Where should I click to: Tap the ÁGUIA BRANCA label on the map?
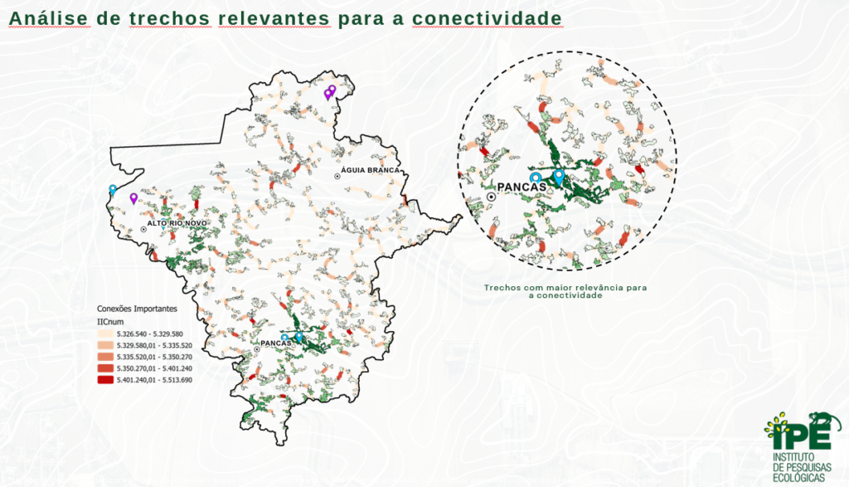pyautogui.click(x=371, y=170)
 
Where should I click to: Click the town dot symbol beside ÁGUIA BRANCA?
pyautogui.click(x=337, y=177)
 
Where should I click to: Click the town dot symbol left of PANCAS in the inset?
pyautogui.click(x=492, y=197)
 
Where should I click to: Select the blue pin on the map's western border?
pyautogui.click(x=113, y=189)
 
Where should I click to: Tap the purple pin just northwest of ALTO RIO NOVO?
pyautogui.click(x=133, y=197)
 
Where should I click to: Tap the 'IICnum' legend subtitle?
pyautogui.click(x=109, y=321)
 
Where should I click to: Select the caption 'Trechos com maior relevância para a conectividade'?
pyautogui.click(x=565, y=291)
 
